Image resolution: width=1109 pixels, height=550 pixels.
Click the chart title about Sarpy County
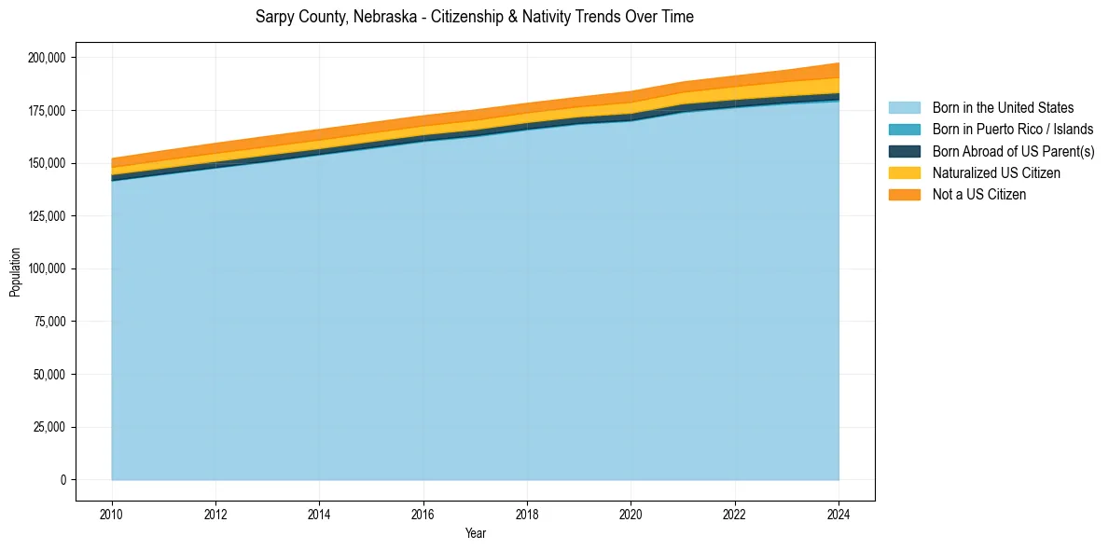tap(474, 17)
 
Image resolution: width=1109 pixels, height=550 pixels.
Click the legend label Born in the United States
tap(1003, 108)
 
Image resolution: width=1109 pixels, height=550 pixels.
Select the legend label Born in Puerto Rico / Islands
tap(1012, 130)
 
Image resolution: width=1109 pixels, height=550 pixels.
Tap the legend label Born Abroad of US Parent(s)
tap(1013, 151)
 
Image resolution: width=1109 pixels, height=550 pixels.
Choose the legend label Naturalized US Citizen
tap(996, 172)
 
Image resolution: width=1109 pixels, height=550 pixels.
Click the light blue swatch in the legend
tap(904, 108)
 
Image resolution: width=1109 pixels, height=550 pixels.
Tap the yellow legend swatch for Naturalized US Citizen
tap(904, 172)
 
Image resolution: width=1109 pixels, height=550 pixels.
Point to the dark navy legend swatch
tap(904, 151)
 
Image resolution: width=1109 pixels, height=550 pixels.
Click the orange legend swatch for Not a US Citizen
tap(904, 194)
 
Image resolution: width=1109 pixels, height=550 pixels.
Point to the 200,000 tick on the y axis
tap(47, 58)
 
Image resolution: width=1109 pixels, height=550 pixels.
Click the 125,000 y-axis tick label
tap(47, 216)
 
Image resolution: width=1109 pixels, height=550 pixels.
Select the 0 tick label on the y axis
tap(63, 480)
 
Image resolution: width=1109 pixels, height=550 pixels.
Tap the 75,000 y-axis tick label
tap(49, 322)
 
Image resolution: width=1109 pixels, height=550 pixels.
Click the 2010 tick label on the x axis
tap(112, 514)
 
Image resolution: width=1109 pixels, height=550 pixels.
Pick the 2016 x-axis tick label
tap(423, 514)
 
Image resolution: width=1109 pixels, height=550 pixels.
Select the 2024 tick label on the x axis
tap(839, 514)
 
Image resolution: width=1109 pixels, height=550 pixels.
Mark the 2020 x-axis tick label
tap(631, 514)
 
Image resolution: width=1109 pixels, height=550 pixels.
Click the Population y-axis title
tap(15, 272)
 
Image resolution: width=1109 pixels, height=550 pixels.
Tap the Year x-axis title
tap(475, 534)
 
